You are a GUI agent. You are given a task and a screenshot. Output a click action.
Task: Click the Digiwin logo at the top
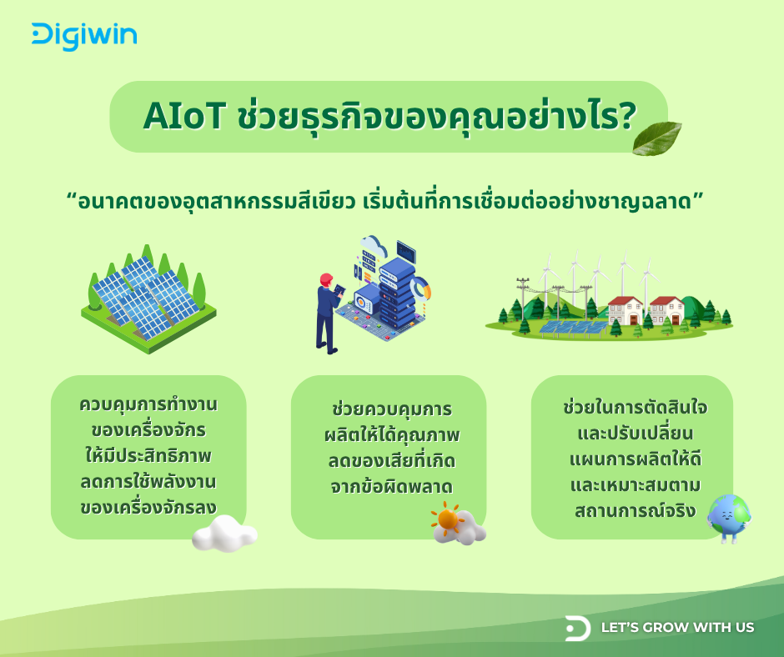(x=84, y=36)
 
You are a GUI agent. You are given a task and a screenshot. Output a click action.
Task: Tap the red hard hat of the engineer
(x=325, y=278)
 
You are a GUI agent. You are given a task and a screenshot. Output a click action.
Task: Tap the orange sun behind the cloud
(x=449, y=519)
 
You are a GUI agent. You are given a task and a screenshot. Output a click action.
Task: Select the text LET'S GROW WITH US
(x=677, y=627)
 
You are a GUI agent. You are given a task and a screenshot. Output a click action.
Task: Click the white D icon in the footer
(x=577, y=628)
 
